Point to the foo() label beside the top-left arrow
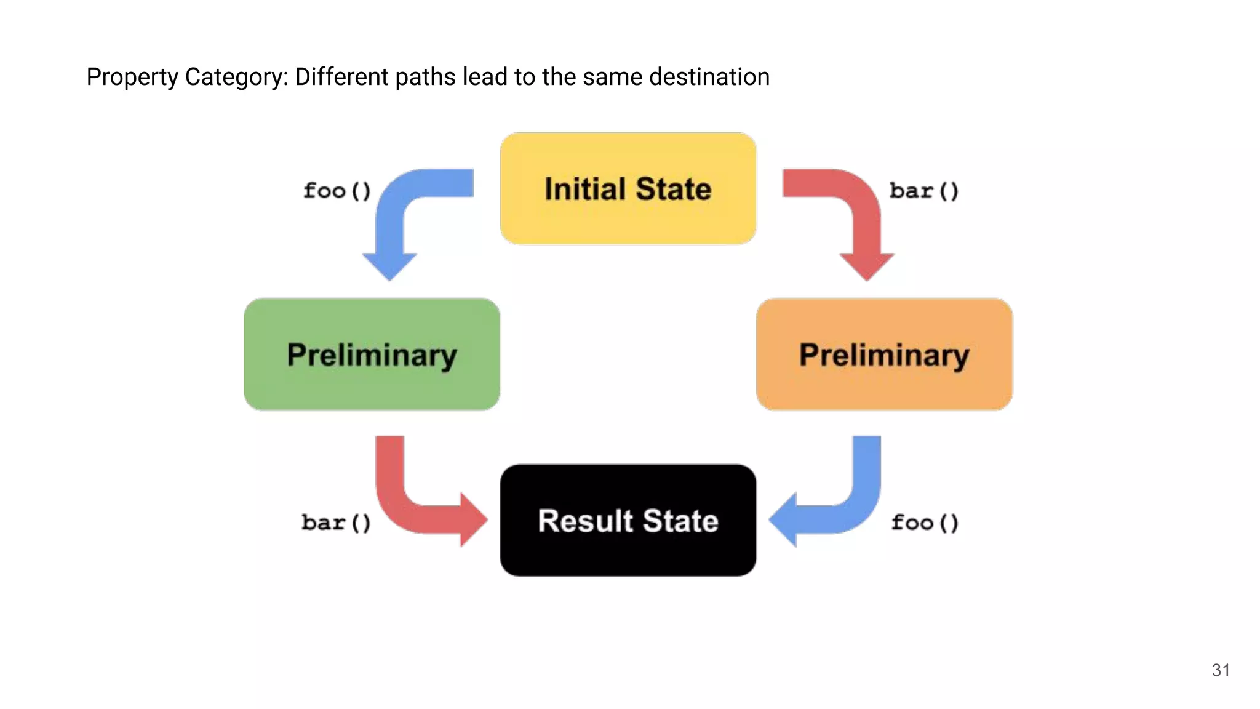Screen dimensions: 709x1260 [337, 191]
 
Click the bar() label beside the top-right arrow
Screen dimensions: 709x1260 [923, 191]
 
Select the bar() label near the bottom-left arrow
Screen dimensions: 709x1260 [336, 523]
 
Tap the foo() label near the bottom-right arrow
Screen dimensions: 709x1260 [925, 523]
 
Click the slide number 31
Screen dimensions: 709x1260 [1221, 670]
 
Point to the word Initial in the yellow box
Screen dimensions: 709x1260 [585, 188]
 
